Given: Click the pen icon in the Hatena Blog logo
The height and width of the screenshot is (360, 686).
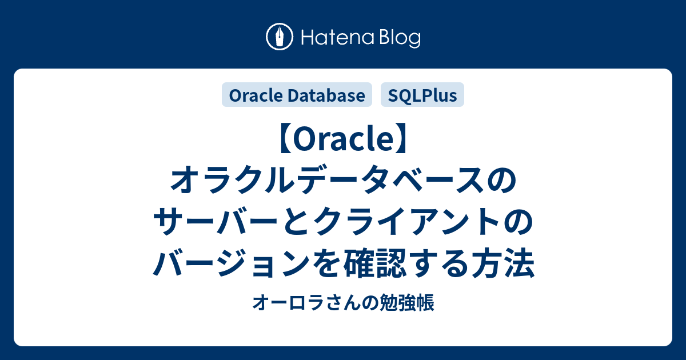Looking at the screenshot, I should [x=280, y=38].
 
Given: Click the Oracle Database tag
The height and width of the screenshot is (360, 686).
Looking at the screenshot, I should [x=297, y=95].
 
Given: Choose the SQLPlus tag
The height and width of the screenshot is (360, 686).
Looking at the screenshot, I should [x=422, y=95].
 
